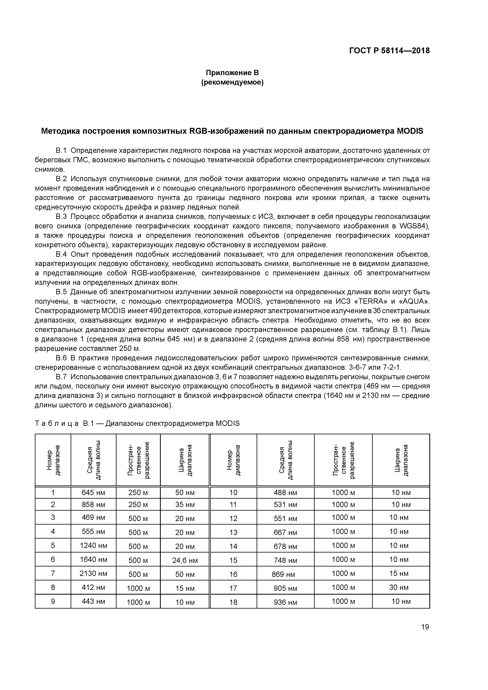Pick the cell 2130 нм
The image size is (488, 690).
click(x=93, y=573)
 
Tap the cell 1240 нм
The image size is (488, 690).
click(x=93, y=545)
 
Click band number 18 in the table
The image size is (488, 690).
click(x=233, y=602)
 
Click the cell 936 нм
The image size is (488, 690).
click(x=285, y=602)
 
